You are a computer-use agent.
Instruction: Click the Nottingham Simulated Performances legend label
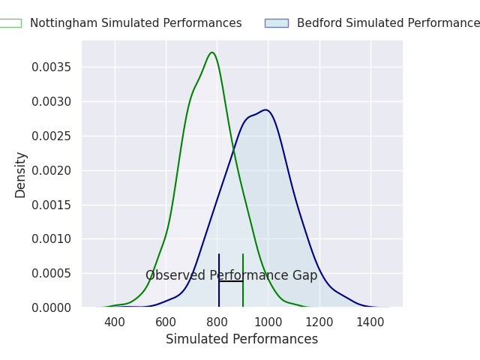136,23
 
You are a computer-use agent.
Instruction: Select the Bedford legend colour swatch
276,23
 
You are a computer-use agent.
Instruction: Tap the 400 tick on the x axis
115,322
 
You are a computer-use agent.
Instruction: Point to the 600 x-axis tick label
166,322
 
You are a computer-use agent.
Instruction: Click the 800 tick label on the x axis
217,322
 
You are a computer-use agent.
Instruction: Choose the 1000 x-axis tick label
268,322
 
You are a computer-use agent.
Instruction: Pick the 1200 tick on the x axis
319,322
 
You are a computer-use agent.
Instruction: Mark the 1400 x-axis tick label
370,322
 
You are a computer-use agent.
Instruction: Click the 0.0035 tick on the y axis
52,67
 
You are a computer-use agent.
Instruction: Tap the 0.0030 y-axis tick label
52,102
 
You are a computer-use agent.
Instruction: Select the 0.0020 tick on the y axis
52,170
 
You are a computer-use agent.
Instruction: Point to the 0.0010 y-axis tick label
52,239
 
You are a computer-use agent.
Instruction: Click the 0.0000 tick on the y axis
52,307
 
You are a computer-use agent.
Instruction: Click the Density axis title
21,174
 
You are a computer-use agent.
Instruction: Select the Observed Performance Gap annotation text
231,275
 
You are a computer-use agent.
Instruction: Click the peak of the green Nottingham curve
212,52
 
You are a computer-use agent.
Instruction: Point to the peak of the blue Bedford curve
265,109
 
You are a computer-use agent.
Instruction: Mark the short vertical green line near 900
243,281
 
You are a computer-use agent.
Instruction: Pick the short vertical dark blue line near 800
219,281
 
